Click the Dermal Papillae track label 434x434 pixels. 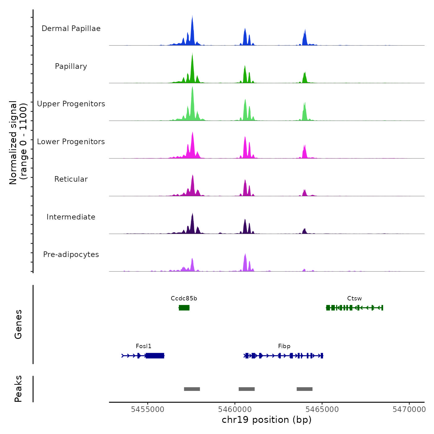tap(71, 29)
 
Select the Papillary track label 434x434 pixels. tap(71, 66)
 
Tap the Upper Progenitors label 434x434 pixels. tap(71, 104)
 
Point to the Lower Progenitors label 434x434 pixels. tap(71, 142)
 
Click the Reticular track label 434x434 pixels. tap(71, 179)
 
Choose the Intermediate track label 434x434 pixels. tap(71, 217)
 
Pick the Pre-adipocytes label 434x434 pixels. tap(71, 255)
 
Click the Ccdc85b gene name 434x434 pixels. tap(184, 299)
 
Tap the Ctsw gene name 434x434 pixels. tap(354, 299)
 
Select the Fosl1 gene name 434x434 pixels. tap(144, 346)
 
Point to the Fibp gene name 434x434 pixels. tap(284, 346)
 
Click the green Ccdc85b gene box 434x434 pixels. tap(184, 308)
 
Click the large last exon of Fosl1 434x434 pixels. tap(155, 356)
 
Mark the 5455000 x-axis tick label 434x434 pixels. tap(148, 409)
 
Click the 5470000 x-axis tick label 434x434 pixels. tap(409, 409)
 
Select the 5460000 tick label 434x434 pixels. tap(235, 409)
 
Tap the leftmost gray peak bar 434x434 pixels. tap(192, 389)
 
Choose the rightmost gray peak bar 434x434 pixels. tap(304, 389)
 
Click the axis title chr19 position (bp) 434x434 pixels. tap(267, 420)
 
